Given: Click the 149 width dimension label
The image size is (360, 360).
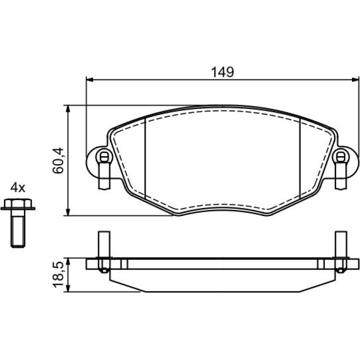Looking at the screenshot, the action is [222, 72].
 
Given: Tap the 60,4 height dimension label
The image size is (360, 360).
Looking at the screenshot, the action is [58, 160].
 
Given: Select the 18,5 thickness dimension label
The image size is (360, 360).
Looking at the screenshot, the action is [58, 274].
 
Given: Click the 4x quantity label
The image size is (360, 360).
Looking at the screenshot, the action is [18, 187].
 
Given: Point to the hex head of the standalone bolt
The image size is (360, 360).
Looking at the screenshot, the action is [18, 204].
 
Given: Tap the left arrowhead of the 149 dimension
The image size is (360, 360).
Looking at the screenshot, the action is [90, 79].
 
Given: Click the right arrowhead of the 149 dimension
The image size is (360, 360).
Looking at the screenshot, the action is [355, 79].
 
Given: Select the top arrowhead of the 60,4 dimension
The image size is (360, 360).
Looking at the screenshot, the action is [67, 109].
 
